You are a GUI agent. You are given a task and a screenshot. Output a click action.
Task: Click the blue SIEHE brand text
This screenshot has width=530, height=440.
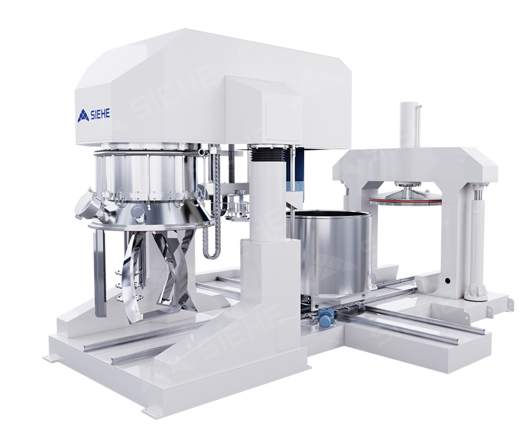[100, 115]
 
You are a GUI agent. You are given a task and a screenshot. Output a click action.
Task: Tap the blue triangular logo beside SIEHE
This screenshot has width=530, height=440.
[83, 116]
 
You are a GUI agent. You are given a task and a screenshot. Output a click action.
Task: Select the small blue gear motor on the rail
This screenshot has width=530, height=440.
[325, 318]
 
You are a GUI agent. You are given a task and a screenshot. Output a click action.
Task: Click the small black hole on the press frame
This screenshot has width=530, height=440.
[448, 281]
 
